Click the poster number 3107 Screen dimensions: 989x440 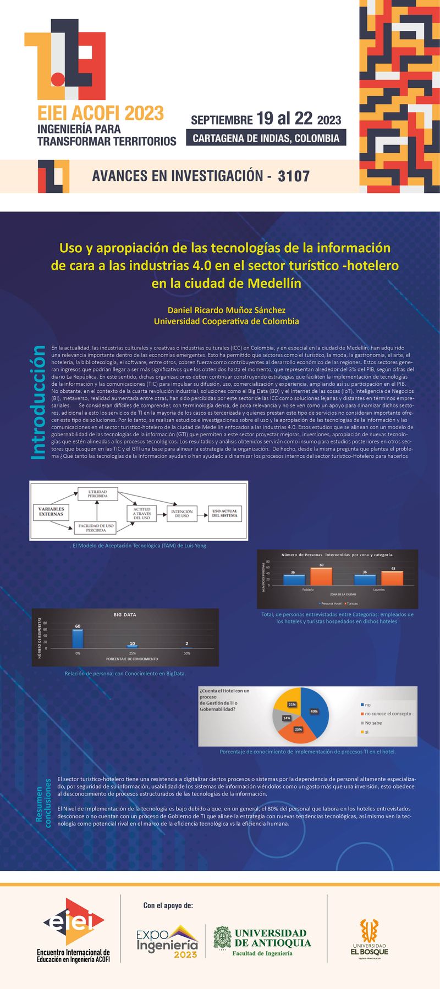[x=294, y=176]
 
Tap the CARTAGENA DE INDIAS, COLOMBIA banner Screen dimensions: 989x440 [x=266, y=138]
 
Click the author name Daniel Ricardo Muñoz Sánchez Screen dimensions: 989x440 [x=226, y=310]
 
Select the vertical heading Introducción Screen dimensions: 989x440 [x=38, y=402]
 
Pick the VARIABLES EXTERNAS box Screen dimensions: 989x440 [x=51, y=512]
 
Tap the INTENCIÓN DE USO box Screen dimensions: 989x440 [x=182, y=514]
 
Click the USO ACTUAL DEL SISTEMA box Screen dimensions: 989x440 [x=224, y=514]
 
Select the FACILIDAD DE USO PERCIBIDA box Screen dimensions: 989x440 [x=96, y=528]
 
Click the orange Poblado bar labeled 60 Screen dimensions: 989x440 [x=321, y=576]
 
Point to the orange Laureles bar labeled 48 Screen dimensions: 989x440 [x=392, y=578]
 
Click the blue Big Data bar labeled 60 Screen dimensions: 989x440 [x=78, y=638]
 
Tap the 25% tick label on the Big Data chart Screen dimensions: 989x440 [x=132, y=653]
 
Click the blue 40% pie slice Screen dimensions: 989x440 [x=315, y=711]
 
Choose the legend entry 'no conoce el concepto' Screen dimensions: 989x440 [x=387, y=714]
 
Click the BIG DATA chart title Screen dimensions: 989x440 [x=125, y=615]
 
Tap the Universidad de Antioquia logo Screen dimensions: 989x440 [x=262, y=942]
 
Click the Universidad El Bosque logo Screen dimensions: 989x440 [x=370, y=939]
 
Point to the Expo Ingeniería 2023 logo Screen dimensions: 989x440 [x=167, y=942]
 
